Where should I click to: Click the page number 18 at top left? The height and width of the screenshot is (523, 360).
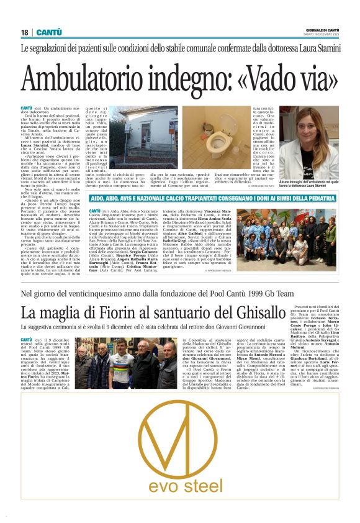(x=24, y=32)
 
